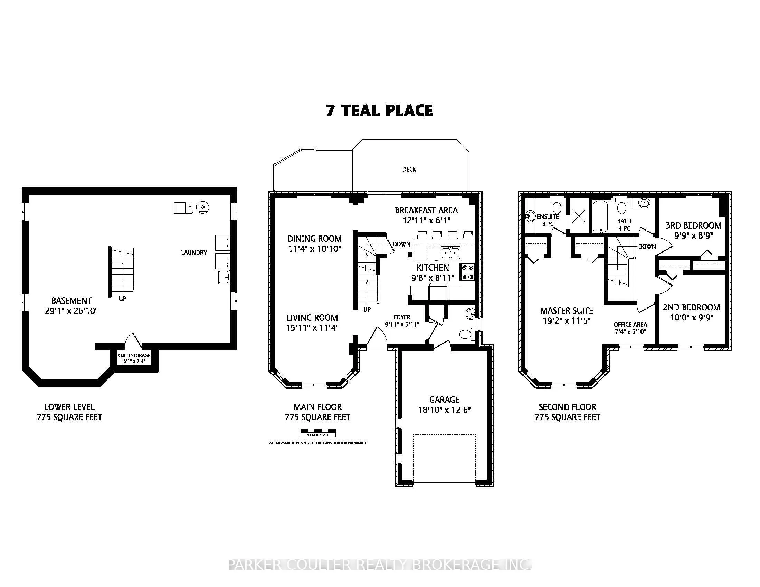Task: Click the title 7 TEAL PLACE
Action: [379, 110]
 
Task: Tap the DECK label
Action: [409, 169]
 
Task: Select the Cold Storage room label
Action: [134, 355]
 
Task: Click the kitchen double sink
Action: [450, 252]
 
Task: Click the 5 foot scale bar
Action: [318, 433]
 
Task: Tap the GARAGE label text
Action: [444, 400]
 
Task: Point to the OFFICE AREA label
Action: [630, 325]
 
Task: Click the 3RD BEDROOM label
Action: [694, 225]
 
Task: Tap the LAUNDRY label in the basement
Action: [194, 253]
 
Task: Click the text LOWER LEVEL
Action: [69, 407]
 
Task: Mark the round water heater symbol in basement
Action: [202, 208]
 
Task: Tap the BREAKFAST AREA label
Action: [426, 210]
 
